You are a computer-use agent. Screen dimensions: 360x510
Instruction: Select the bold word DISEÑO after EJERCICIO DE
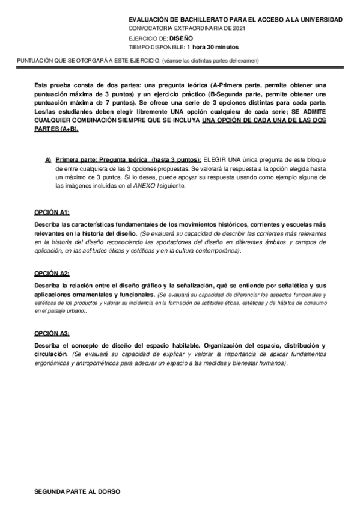coord(180,37)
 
